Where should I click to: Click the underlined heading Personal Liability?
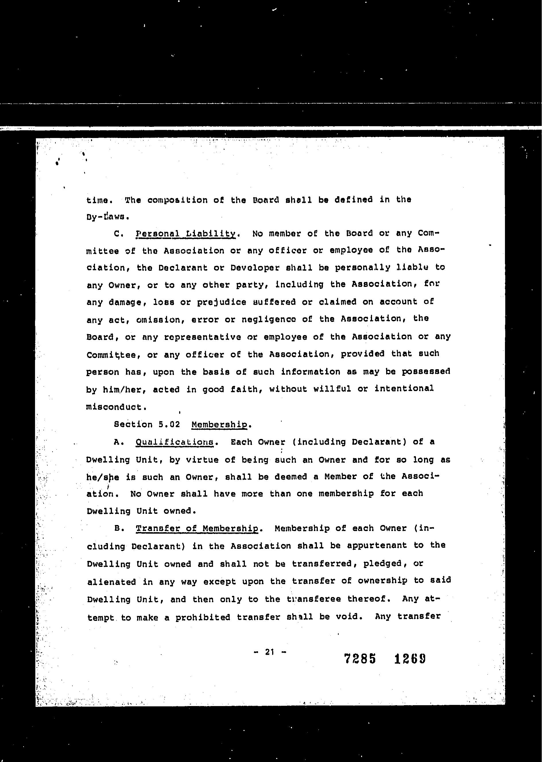click(x=186, y=234)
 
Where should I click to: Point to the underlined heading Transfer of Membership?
click(x=197, y=528)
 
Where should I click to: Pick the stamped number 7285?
click(x=360, y=659)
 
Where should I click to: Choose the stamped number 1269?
click(x=410, y=659)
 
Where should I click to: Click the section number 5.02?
click(x=169, y=425)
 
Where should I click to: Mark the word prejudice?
click(x=222, y=302)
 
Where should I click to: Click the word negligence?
click(x=269, y=320)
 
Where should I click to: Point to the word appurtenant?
click(x=377, y=546)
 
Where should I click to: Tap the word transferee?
click(x=314, y=599)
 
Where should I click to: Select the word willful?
click(x=332, y=389)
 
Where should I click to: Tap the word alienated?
click(x=111, y=582)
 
